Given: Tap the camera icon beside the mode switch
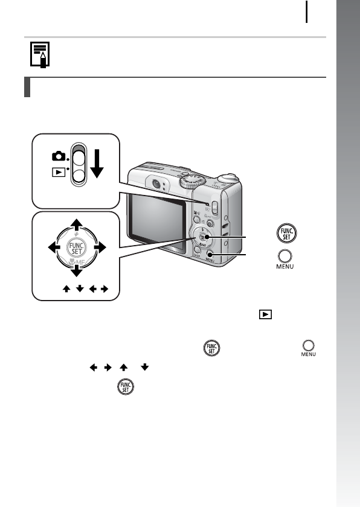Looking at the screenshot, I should (x=58, y=156).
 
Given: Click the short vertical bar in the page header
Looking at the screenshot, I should (x=307, y=12).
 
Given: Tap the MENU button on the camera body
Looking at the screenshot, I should (x=211, y=258).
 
